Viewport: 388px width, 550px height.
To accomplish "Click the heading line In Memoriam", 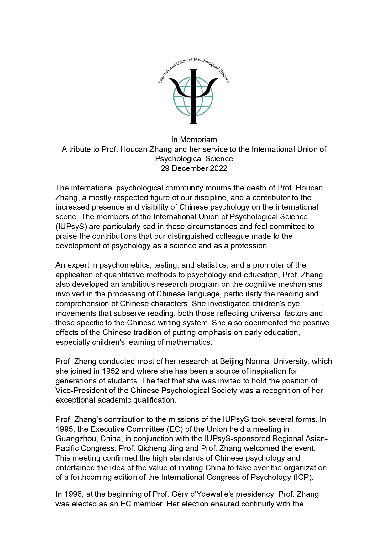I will click(x=194, y=140).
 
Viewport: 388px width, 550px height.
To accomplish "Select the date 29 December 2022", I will click(x=194, y=168).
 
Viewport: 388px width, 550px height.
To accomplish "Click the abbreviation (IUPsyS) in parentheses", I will click(x=71, y=227).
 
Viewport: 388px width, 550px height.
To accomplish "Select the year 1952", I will click(x=111, y=371).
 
